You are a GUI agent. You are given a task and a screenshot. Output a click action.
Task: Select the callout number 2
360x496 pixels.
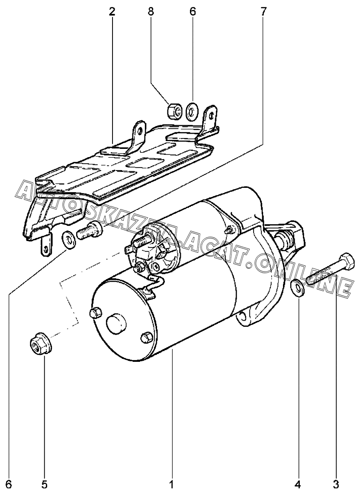[x=112, y=12]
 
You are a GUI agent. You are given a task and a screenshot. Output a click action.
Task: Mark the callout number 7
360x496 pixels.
[x=264, y=12]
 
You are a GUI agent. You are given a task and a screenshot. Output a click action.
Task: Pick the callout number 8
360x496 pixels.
[x=151, y=12]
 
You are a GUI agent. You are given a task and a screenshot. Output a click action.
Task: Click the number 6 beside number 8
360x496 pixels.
[x=193, y=12]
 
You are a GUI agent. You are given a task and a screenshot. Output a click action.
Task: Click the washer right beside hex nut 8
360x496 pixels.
[x=192, y=112]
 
